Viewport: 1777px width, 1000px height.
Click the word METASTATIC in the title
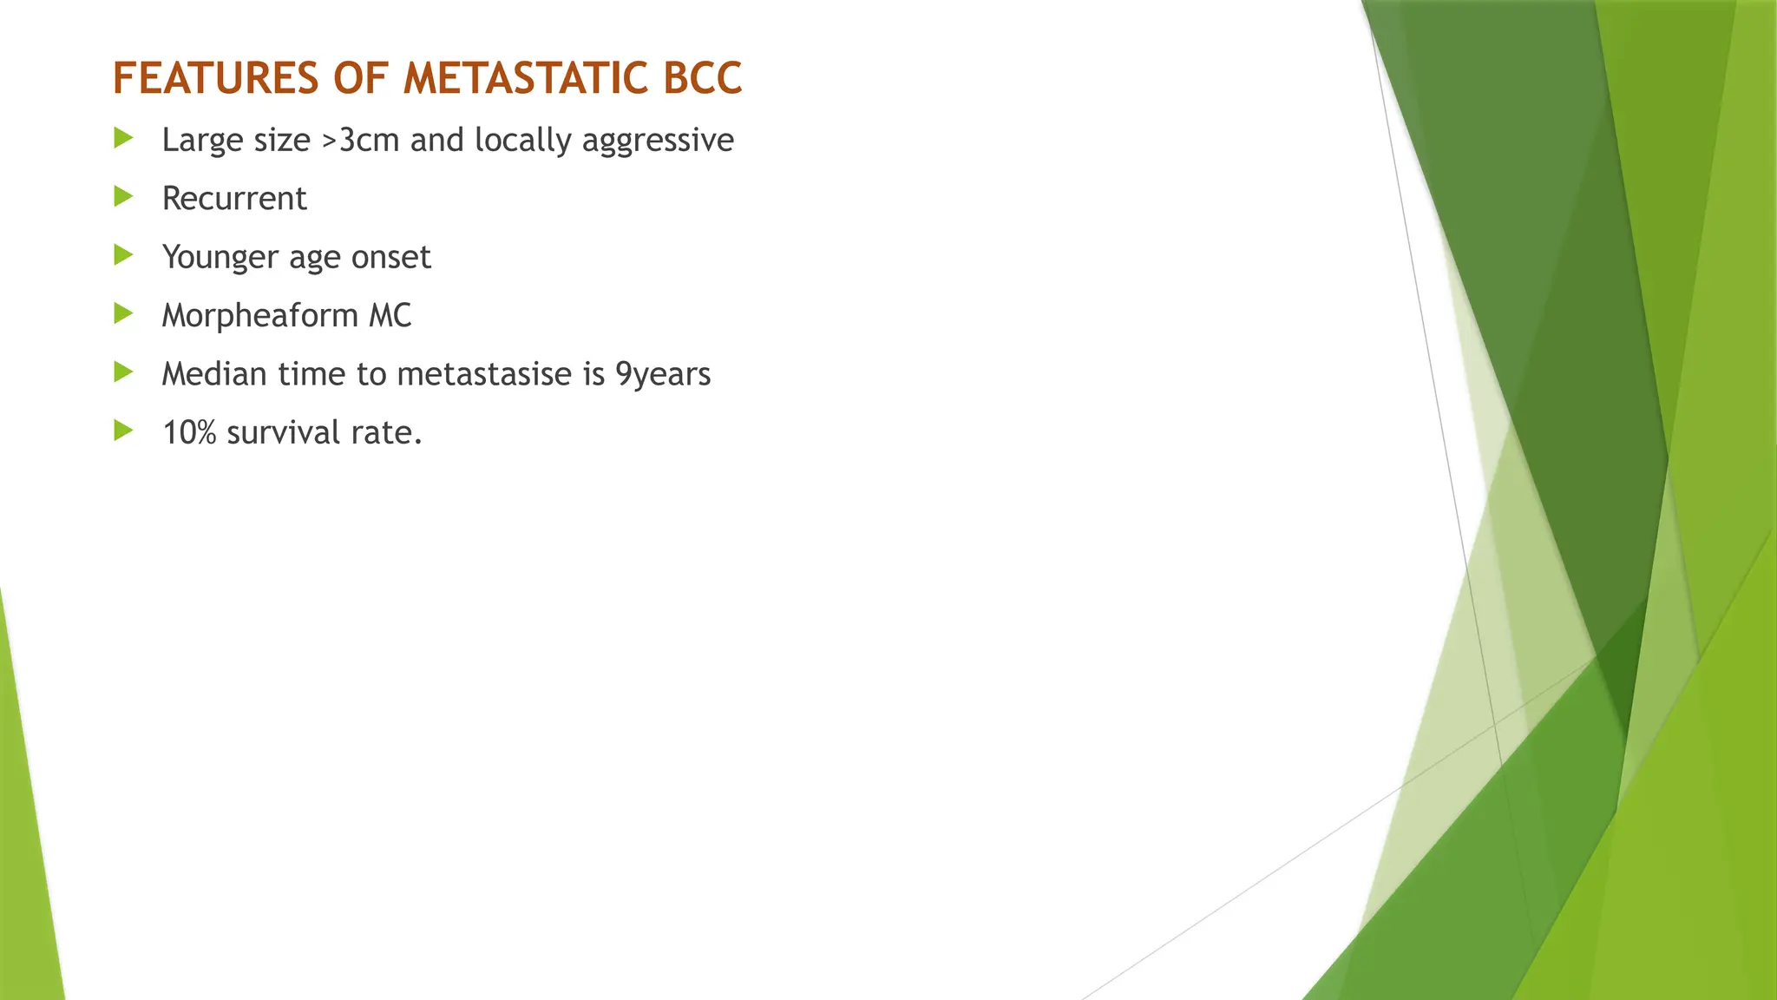pos(527,78)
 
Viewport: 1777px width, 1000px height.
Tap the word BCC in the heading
pos(703,78)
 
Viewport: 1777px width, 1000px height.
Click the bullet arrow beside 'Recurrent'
pos(123,197)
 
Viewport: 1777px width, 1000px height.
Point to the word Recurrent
pos(234,199)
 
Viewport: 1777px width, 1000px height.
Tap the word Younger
pos(220,258)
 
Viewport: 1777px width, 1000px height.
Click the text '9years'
pos(663,375)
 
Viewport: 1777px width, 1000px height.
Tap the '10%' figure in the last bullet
pos(189,432)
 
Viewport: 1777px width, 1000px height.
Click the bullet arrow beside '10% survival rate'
pos(123,431)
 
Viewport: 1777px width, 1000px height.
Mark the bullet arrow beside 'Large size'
pos(123,138)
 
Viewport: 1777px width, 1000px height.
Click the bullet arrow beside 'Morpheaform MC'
pos(123,313)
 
